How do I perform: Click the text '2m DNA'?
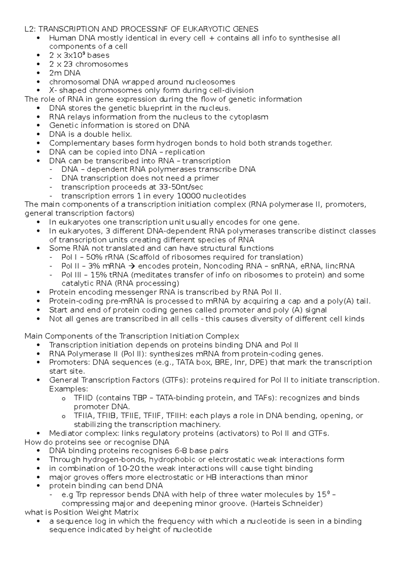pos(65,73)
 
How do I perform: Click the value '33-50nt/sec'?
pos(181,187)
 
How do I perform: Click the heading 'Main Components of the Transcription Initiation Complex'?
pos(132,336)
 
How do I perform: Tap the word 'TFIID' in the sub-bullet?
pos(83,398)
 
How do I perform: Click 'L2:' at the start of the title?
pos(30,29)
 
